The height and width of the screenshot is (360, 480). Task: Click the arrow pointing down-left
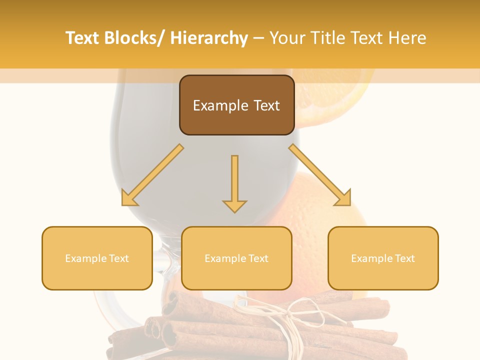152,175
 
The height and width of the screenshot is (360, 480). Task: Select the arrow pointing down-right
320,175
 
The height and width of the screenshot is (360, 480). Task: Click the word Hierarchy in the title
209,38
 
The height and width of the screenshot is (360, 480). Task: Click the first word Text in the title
82,38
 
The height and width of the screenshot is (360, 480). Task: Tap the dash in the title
258,38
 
